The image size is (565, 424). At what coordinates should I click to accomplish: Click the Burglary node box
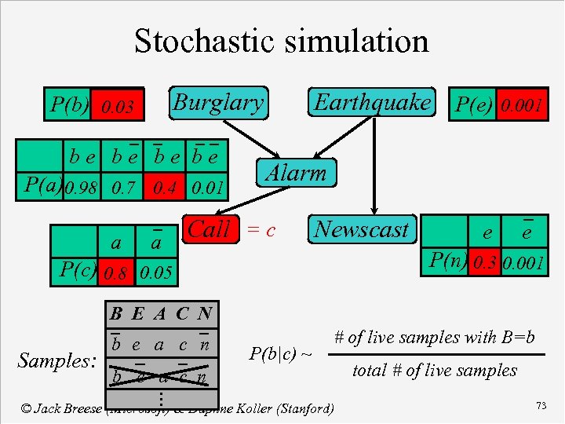(217, 102)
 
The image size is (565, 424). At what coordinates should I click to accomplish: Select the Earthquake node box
(372, 102)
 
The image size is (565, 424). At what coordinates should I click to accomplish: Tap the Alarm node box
(296, 173)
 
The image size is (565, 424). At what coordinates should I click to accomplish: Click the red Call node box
(209, 230)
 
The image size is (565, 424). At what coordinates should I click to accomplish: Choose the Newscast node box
(361, 230)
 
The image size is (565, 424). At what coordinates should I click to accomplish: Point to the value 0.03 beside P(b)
(118, 106)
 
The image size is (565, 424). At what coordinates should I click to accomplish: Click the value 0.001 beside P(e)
(523, 105)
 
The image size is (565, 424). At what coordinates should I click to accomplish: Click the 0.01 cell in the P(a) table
(208, 188)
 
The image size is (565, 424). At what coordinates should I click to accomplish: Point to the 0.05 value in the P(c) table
(158, 274)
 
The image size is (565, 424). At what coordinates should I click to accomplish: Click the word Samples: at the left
(56, 361)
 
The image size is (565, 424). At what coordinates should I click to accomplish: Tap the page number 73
(541, 405)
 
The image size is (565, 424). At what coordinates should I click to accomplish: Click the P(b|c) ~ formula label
(280, 354)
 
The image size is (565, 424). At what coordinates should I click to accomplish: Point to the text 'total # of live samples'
(435, 371)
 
